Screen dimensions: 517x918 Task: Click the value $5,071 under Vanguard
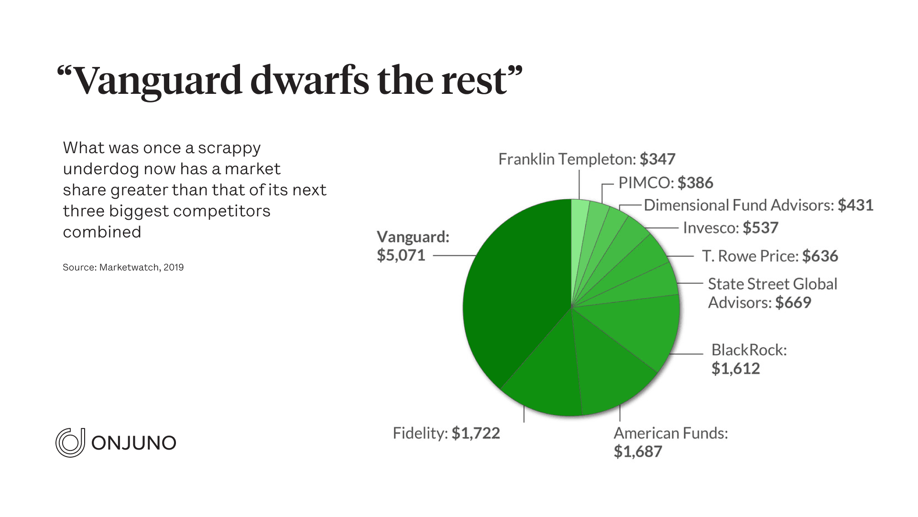[401, 255]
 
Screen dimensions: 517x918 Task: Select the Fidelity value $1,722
[476, 433]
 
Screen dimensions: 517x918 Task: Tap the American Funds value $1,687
[638, 451]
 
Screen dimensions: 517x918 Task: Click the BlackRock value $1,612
[735, 369]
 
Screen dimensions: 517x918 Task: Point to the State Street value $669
[793, 303]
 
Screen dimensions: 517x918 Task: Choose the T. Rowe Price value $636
[820, 256]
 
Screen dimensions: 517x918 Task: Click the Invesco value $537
[760, 228]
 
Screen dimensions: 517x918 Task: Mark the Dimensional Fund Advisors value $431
[855, 205]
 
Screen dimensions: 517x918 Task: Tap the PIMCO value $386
[695, 183]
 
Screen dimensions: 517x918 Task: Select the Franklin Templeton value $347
[657, 159]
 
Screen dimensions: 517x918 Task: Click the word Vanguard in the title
[158, 80]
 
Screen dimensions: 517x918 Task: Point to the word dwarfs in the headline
[309, 80]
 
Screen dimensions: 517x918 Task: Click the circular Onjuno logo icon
[70, 443]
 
